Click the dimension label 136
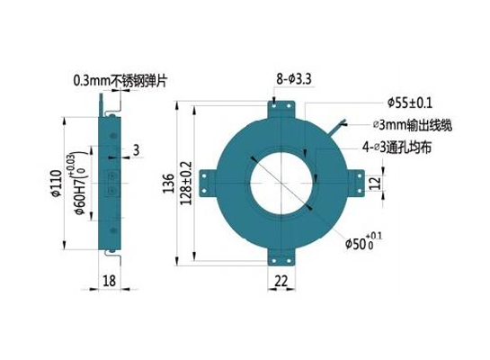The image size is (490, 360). click(x=168, y=183)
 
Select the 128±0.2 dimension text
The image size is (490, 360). click(x=186, y=183)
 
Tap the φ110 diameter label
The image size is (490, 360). click(x=56, y=184)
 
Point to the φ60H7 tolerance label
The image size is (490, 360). click(x=80, y=183)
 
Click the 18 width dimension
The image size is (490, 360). click(x=109, y=281)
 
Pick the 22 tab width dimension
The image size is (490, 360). click(x=281, y=281)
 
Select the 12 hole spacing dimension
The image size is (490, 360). click(x=376, y=184)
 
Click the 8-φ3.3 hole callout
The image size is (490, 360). click(x=293, y=79)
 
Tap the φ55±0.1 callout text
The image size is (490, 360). click(x=410, y=103)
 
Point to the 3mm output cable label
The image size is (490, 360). click(x=413, y=125)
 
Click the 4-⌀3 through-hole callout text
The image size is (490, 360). click(x=396, y=147)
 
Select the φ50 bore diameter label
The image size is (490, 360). click(x=363, y=241)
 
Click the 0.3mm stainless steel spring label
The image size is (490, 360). click(x=120, y=81)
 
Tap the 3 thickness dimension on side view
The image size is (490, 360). click(x=136, y=150)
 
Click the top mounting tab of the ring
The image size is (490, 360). click(x=281, y=109)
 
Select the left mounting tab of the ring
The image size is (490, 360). click(x=208, y=184)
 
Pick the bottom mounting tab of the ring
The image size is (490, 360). click(x=281, y=257)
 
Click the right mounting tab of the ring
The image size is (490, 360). click(x=356, y=184)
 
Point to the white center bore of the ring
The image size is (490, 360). click(x=281, y=184)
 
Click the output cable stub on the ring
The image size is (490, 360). click(x=337, y=128)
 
